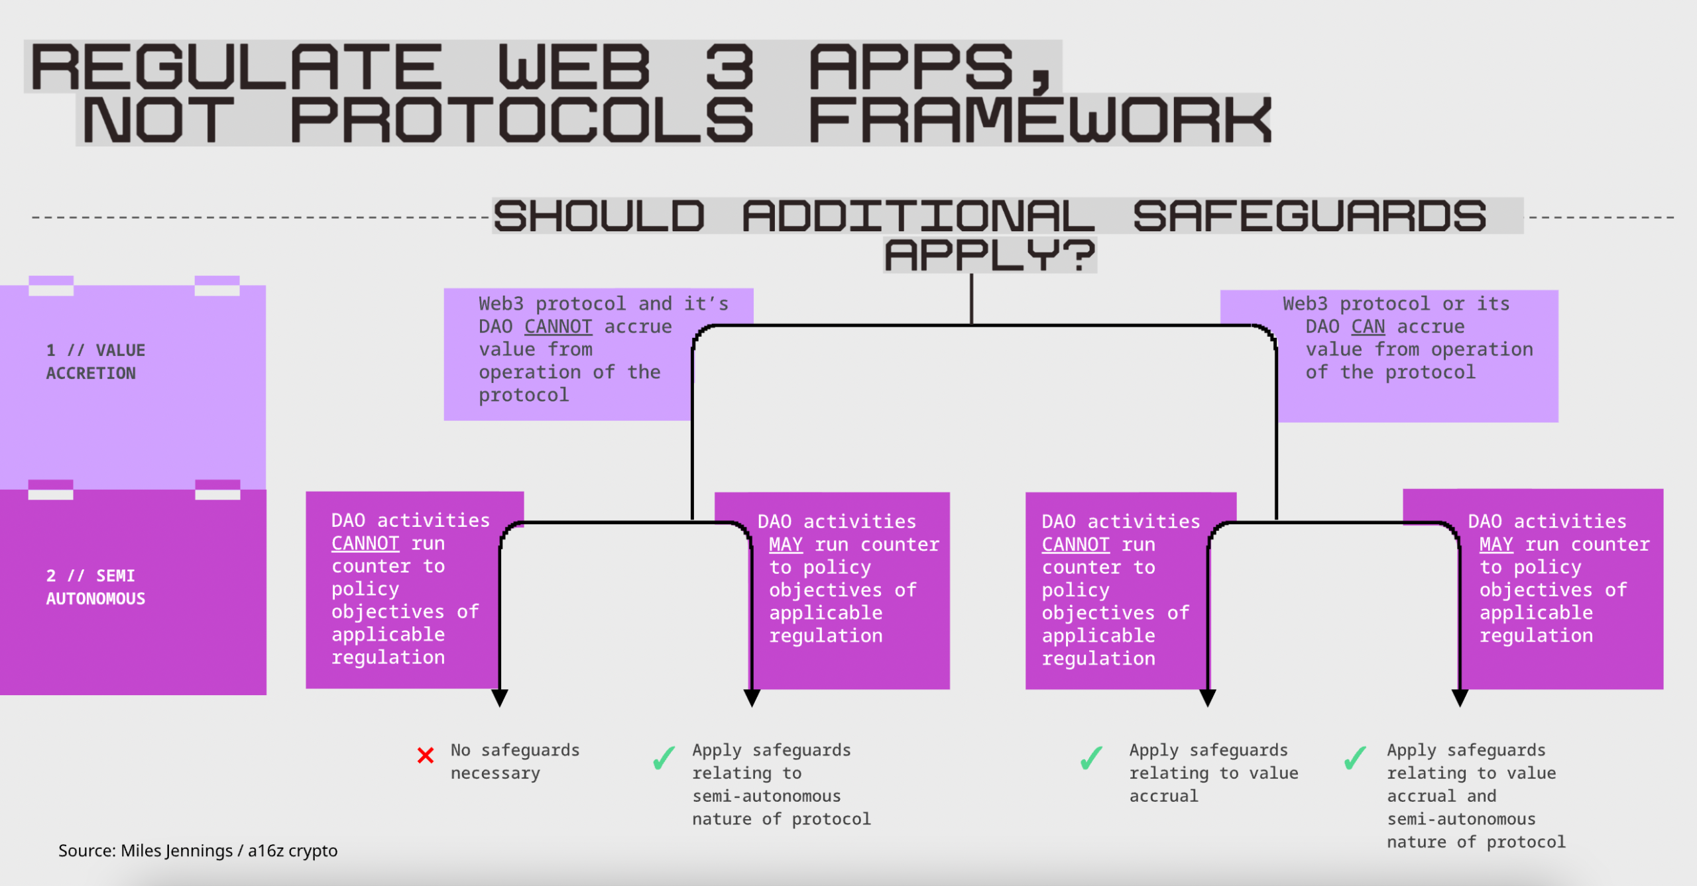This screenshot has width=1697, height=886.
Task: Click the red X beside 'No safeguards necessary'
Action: pos(426,755)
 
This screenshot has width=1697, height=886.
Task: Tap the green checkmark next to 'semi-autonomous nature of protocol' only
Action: pos(664,758)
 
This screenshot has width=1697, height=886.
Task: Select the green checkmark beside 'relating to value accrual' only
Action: pos(1091,758)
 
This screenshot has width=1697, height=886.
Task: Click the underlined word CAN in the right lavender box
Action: pos(1368,327)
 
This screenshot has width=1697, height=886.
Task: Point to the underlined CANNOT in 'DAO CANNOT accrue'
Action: pos(557,327)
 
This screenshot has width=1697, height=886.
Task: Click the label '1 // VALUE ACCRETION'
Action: pos(95,361)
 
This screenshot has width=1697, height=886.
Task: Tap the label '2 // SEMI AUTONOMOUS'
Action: pos(95,587)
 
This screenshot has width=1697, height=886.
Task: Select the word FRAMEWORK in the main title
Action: pos(1039,121)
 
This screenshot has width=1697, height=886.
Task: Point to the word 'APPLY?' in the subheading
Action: pos(990,255)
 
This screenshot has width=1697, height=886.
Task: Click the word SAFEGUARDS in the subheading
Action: pos(1309,216)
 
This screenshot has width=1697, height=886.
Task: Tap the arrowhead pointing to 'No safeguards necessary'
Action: pos(500,698)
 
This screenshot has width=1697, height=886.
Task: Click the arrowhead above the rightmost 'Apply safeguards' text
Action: pos(1460,698)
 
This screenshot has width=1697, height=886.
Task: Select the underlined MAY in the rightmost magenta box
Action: pos(1495,545)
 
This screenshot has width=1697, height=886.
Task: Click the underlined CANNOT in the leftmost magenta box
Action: pos(365,543)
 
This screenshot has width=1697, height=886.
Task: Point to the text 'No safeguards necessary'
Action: pos(514,761)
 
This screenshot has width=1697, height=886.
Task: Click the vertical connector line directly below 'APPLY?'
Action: pos(972,300)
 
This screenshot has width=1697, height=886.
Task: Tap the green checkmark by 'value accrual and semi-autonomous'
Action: pos(1355,758)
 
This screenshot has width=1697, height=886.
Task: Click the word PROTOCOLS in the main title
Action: pos(522,121)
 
